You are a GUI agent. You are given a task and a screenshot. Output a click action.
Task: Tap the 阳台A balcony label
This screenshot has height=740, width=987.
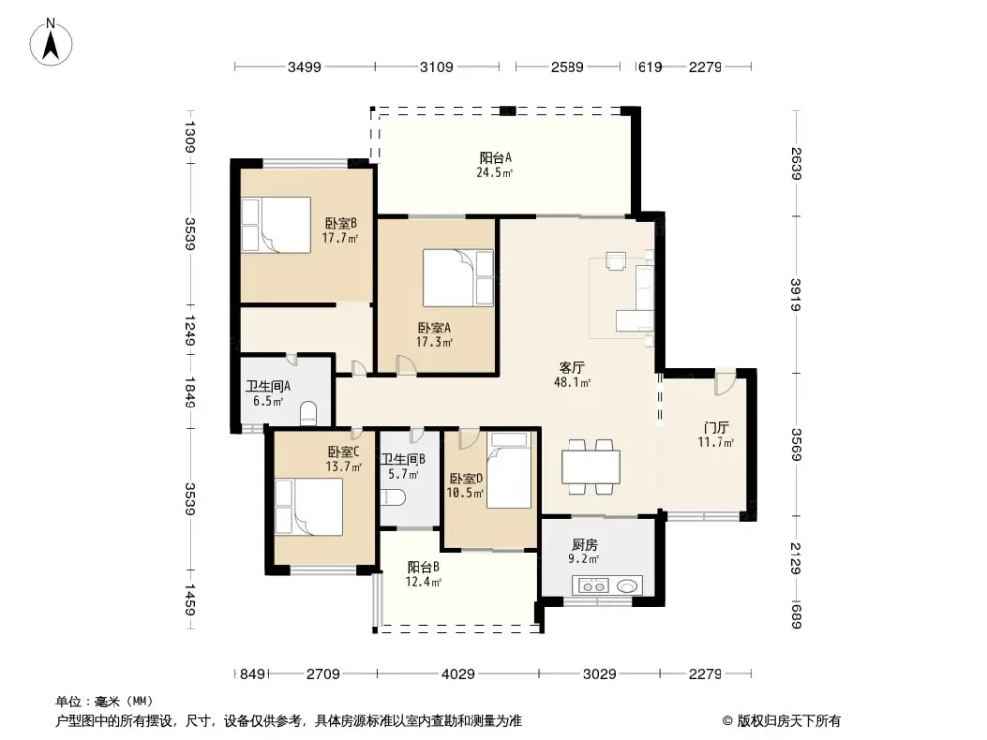[495, 164]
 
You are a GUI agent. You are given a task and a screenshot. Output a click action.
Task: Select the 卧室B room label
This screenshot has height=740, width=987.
[340, 230]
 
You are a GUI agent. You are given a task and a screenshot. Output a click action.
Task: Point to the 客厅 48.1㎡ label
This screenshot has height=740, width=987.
[572, 374]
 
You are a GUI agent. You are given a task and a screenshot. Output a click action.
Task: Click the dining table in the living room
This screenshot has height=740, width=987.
[590, 466]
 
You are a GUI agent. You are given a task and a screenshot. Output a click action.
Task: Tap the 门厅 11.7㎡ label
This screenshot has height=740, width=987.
[717, 435]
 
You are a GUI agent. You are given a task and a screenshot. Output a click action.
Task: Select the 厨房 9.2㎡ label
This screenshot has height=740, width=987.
[585, 551]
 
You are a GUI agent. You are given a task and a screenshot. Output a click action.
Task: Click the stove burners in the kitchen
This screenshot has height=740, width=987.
[594, 586]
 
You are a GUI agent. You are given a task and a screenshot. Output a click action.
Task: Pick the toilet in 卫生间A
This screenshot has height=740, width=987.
[307, 411]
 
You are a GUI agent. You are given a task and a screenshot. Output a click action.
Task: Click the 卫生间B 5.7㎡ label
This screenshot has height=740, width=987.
[403, 466]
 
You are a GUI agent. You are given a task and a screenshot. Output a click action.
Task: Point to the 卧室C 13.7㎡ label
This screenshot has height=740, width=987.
[343, 459]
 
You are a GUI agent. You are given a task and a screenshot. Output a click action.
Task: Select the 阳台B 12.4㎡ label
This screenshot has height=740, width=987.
[423, 574]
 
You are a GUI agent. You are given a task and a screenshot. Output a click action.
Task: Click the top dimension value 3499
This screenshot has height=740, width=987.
[305, 67]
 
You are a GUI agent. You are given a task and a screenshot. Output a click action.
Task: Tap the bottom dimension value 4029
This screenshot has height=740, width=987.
[458, 674]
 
